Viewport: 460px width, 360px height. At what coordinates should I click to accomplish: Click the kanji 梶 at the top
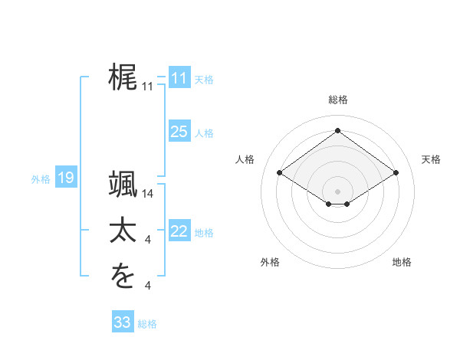pyautogui.click(x=123, y=77)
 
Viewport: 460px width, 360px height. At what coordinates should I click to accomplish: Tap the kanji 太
pyautogui.click(x=123, y=230)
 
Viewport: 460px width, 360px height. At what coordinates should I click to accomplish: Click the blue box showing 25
pyautogui.click(x=179, y=132)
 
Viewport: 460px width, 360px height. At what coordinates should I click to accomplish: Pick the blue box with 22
pyautogui.click(x=179, y=231)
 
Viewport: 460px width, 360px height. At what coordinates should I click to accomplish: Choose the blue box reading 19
pyautogui.click(x=65, y=178)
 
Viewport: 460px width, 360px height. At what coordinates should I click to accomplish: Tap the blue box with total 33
pyautogui.click(x=122, y=322)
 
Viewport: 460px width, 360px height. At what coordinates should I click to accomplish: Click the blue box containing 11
pyautogui.click(x=179, y=78)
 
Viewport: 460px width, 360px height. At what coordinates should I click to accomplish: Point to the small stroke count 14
pyautogui.click(x=148, y=195)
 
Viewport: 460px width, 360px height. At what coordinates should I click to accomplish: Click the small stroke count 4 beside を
pyautogui.click(x=148, y=286)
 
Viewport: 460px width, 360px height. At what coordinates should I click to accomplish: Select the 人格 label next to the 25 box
pyautogui.click(x=204, y=133)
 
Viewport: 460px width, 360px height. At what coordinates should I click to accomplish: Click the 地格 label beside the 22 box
pyautogui.click(x=204, y=233)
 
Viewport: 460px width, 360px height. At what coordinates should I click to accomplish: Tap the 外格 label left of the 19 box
pyautogui.click(x=41, y=180)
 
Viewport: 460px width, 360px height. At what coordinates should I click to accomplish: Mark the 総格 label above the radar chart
pyautogui.click(x=338, y=100)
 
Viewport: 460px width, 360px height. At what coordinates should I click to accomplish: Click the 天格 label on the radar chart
pyautogui.click(x=431, y=159)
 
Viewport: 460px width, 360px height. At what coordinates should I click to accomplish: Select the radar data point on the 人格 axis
pyautogui.click(x=280, y=173)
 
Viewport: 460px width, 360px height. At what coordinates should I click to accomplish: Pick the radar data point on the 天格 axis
pyautogui.click(x=396, y=173)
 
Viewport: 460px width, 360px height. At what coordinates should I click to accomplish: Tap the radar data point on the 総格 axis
pyautogui.click(x=337, y=131)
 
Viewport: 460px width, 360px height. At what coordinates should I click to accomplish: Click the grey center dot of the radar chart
pyautogui.click(x=337, y=191)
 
